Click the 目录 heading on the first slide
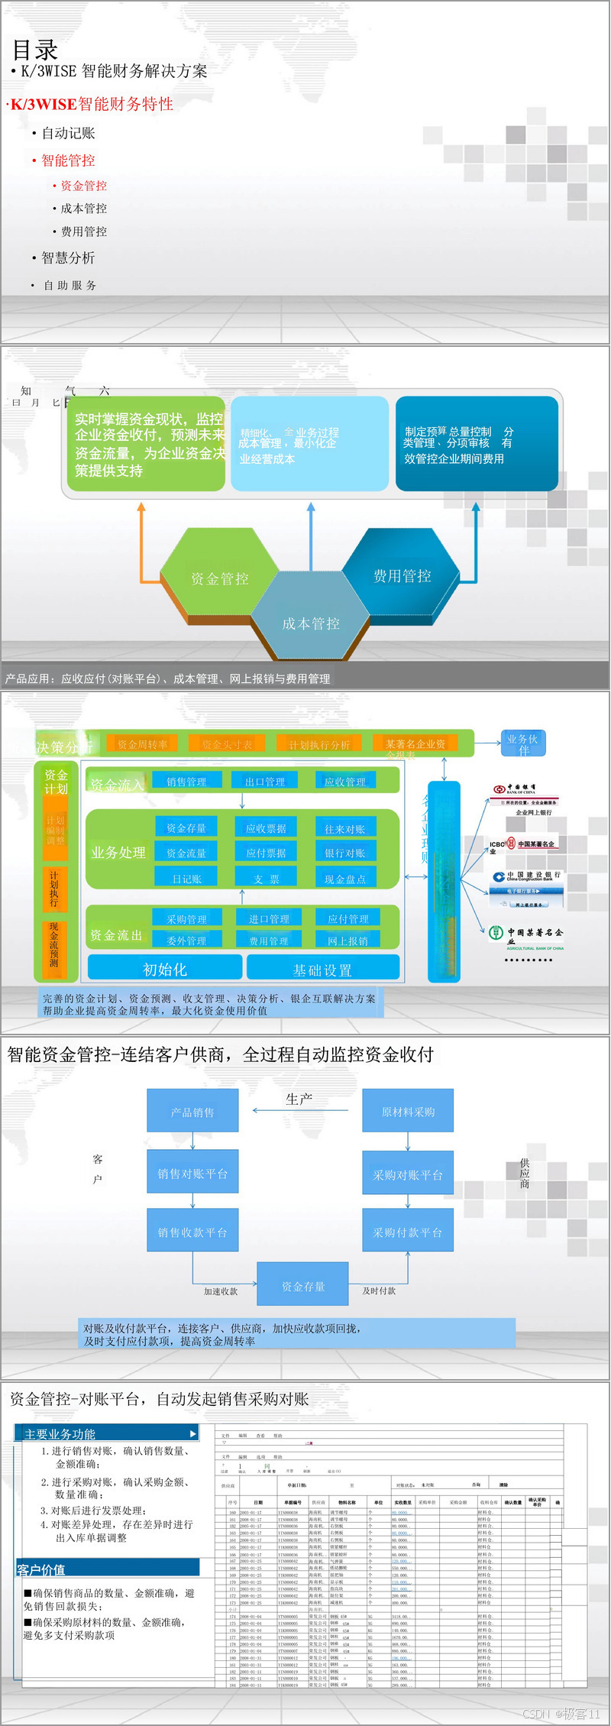(x=35, y=50)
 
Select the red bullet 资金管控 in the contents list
(x=83, y=186)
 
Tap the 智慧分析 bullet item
(x=68, y=258)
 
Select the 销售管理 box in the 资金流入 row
(x=186, y=781)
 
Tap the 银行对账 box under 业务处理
(x=344, y=853)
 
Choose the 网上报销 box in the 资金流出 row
(x=348, y=941)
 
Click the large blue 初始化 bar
(x=165, y=969)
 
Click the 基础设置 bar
(x=322, y=970)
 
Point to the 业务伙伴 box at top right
(x=522, y=743)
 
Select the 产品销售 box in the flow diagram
(x=192, y=1112)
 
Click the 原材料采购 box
(x=408, y=1112)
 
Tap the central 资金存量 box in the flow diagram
(x=303, y=1286)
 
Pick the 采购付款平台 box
(x=408, y=1232)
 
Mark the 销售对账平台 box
(x=192, y=1174)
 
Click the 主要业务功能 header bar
(x=107, y=1433)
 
